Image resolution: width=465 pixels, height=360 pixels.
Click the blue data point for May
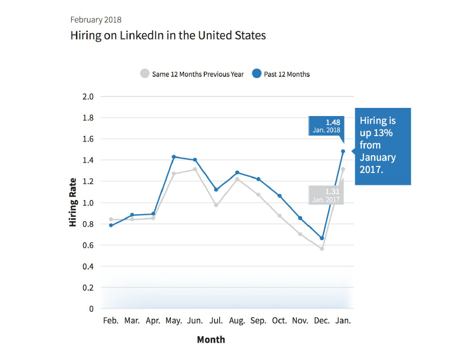[174, 157]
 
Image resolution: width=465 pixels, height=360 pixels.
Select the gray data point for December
[322, 249]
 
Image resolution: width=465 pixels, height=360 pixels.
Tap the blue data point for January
[343, 151]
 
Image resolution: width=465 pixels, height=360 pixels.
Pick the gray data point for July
[216, 205]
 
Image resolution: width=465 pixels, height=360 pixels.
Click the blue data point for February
[111, 225]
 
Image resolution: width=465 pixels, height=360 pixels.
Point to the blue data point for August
[237, 172]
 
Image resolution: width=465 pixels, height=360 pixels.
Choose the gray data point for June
[195, 169]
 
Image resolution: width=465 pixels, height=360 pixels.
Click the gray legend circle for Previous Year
[144, 74]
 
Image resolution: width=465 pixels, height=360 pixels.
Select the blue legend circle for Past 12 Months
[257, 74]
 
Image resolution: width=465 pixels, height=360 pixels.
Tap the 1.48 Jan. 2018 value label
[326, 126]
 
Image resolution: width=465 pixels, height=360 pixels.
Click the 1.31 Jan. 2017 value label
[326, 195]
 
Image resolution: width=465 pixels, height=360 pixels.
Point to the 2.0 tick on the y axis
[88, 97]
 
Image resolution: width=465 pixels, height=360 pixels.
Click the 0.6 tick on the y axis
[88, 245]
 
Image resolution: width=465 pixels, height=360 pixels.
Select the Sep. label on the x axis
[258, 320]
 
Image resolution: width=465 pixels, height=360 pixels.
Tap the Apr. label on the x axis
[153, 320]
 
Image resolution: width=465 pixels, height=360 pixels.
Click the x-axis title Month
[211, 340]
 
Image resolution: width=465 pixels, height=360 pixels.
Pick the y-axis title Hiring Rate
[73, 203]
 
